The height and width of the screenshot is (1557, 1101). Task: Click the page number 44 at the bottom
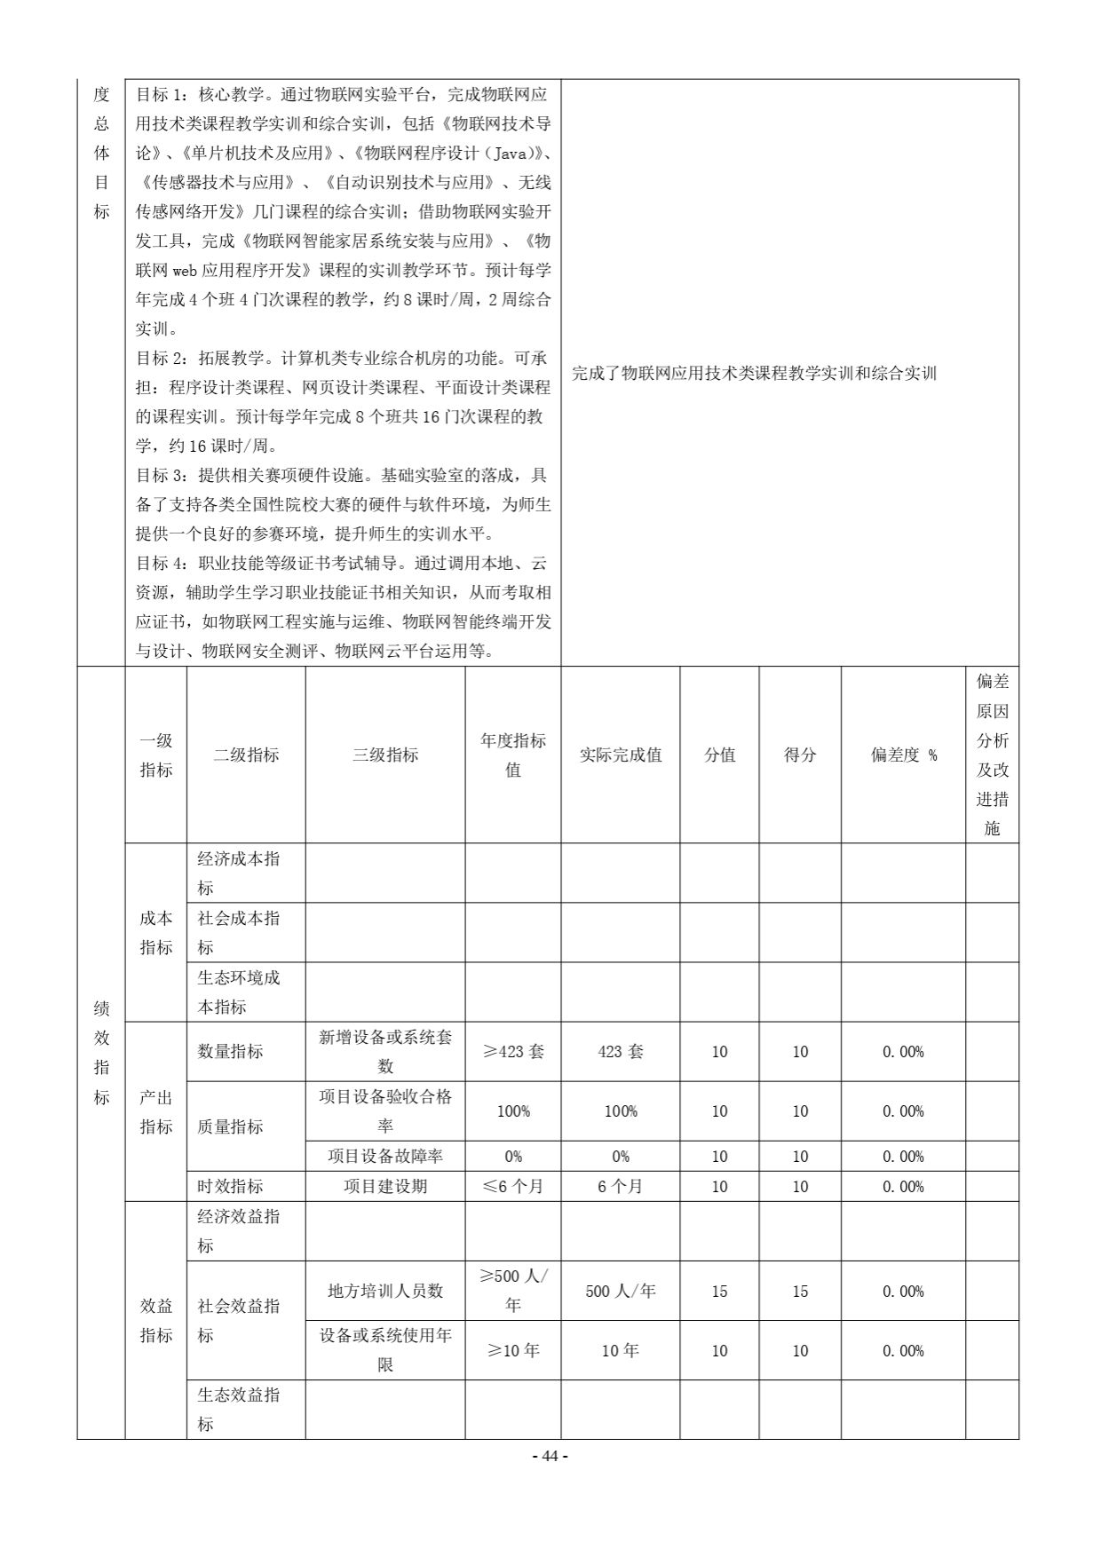550,1456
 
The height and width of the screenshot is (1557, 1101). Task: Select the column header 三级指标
385,755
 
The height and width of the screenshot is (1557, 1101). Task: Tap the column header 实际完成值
621,755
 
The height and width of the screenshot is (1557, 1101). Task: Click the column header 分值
719,755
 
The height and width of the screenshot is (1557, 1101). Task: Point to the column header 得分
800,755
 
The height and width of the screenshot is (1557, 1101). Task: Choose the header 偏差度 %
903,755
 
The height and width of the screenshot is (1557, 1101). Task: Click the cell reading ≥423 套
513,1051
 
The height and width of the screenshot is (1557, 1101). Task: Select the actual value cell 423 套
621,1051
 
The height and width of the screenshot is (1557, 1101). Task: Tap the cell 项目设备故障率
385,1156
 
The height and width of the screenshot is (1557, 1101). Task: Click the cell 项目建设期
385,1186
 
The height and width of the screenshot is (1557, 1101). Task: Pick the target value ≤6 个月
513,1186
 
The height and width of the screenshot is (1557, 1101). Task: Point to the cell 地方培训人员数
385,1291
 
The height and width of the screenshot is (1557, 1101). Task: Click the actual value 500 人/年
621,1291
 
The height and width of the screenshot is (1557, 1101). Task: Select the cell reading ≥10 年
513,1350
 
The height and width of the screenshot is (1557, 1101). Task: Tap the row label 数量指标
231,1051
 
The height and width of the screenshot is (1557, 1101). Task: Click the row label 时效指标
231,1186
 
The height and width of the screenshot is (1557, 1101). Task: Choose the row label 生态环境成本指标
239,992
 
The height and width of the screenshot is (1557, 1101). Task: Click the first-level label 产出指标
156,1111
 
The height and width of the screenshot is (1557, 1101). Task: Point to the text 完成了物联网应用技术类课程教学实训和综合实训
754,373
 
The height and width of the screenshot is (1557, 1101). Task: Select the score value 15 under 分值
719,1291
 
